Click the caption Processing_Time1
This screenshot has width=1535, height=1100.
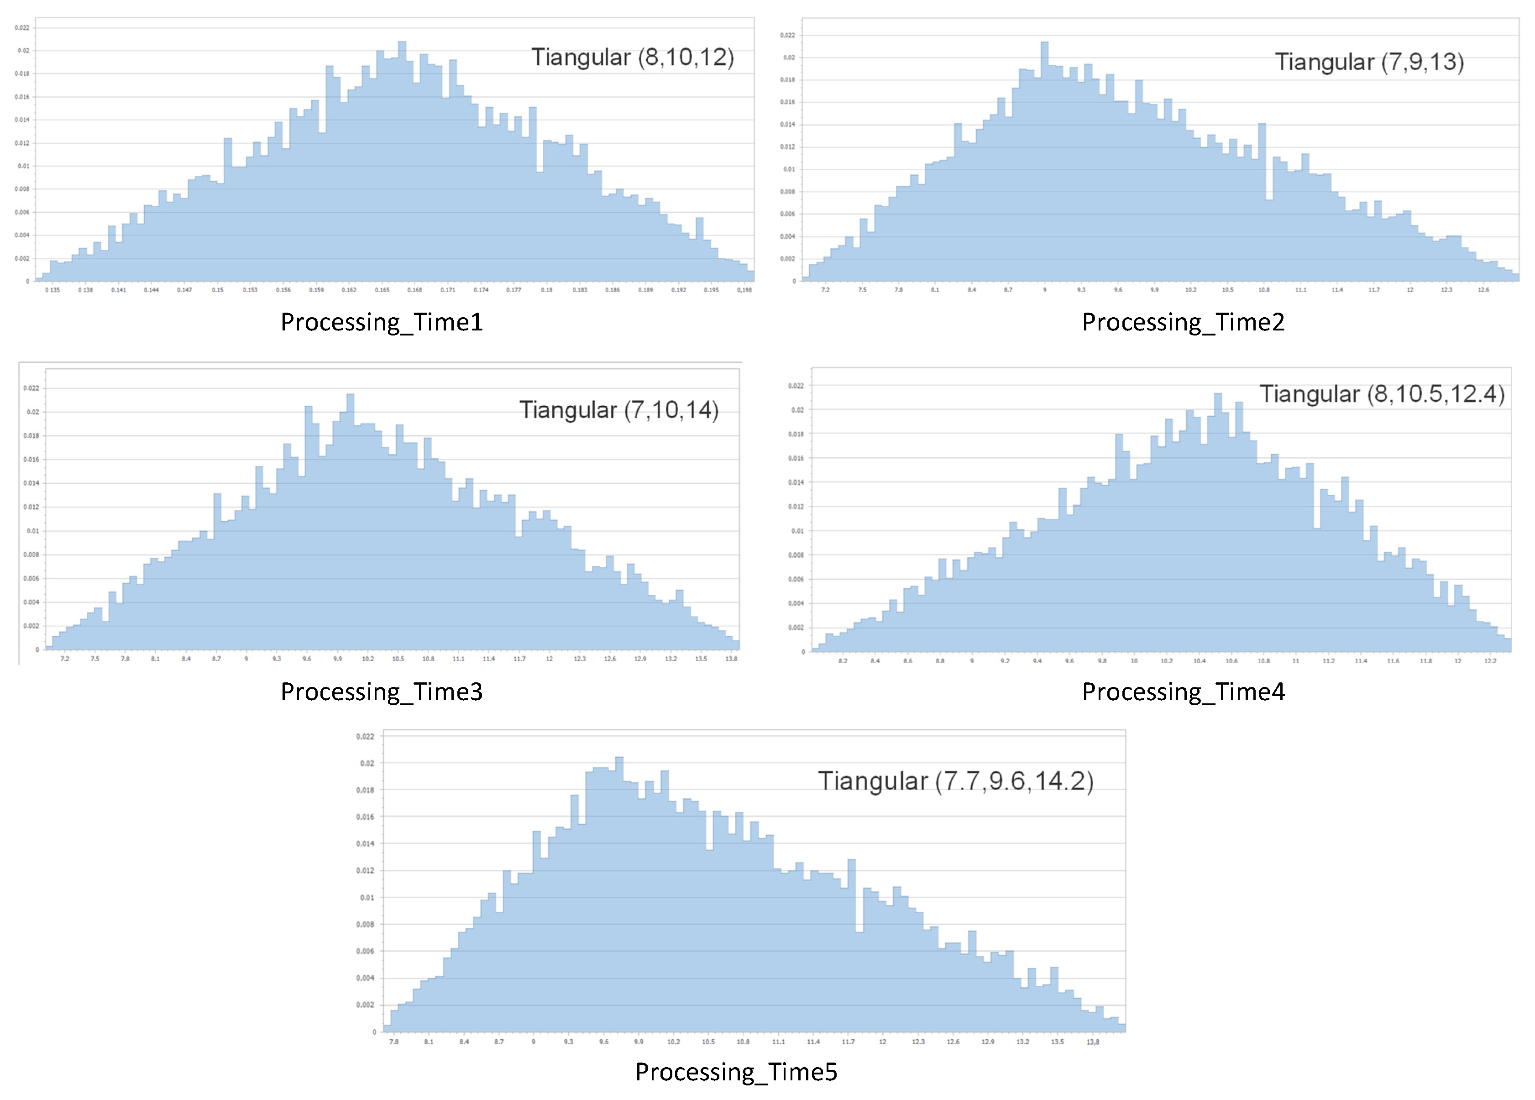pyautogui.click(x=382, y=322)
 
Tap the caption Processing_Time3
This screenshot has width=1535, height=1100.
pyautogui.click(x=382, y=692)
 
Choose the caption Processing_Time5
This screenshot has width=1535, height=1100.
pyautogui.click(x=736, y=1072)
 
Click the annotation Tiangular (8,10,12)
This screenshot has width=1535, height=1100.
pyautogui.click(x=632, y=57)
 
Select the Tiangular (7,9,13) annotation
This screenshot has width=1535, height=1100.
pyautogui.click(x=1369, y=62)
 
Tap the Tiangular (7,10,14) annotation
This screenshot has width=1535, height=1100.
pyautogui.click(x=618, y=410)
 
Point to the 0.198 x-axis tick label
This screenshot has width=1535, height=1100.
pyautogui.click(x=744, y=290)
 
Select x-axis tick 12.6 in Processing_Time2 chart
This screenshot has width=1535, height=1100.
pyautogui.click(x=1483, y=290)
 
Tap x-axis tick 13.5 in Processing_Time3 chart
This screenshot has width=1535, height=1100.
pyautogui.click(x=701, y=659)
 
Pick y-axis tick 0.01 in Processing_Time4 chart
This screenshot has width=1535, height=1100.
pyautogui.click(x=798, y=531)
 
